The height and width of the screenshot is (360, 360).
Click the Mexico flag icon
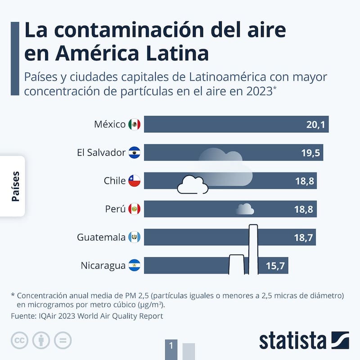[134, 124]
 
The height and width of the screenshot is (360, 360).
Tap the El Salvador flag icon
[134, 153]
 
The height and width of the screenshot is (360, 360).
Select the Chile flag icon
[134, 181]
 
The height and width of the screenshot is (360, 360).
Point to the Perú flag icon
[134, 209]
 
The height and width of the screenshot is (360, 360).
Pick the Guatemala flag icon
[134, 237]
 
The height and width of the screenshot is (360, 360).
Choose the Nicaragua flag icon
[134, 265]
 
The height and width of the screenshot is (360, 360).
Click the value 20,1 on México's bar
[315, 125]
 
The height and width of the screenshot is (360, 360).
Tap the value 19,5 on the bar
[310, 153]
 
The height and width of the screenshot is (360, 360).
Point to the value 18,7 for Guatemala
[303, 238]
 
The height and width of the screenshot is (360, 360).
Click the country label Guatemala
[101, 237]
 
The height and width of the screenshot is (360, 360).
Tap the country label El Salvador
[101, 153]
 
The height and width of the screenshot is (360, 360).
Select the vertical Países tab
[15, 186]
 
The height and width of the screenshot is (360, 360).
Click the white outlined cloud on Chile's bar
[193, 185]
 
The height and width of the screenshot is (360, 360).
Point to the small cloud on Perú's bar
[245, 209]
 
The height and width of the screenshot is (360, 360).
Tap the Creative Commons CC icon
[20, 340]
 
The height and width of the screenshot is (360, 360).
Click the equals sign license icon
[63, 340]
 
